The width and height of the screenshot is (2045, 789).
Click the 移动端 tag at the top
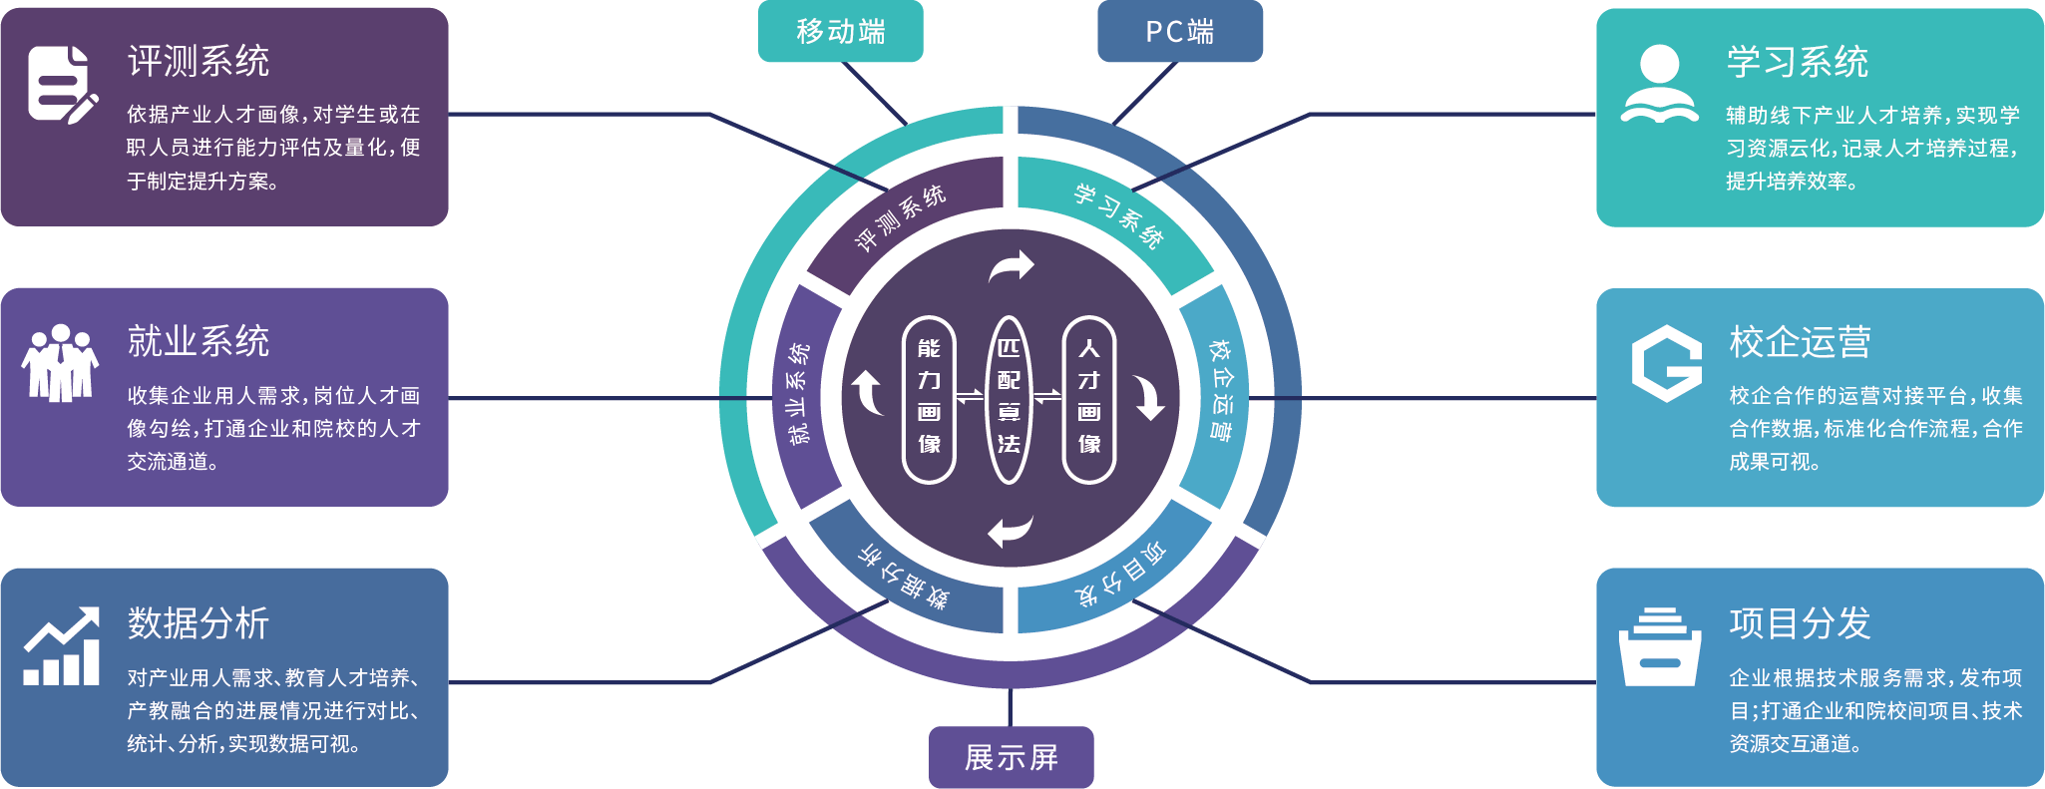(x=840, y=32)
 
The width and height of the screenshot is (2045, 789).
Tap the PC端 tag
(x=1179, y=32)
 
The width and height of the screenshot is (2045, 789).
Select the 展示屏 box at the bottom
(x=1011, y=758)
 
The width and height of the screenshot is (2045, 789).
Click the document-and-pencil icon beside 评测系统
(x=63, y=85)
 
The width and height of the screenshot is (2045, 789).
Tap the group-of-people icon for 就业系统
(x=60, y=364)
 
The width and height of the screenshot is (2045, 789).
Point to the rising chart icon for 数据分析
(x=62, y=646)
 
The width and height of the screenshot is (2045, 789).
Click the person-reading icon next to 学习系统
(x=1659, y=85)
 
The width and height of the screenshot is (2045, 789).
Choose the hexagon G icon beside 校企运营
(x=1665, y=364)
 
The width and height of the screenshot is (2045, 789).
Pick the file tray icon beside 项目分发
(x=1660, y=646)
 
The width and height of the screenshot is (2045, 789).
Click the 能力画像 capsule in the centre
(x=929, y=399)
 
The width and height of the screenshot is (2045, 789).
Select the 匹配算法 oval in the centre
(x=1009, y=399)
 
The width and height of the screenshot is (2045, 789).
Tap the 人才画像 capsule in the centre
(x=1089, y=399)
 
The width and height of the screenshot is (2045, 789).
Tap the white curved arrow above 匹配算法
(x=1013, y=267)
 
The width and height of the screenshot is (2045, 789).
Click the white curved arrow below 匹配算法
(x=1009, y=531)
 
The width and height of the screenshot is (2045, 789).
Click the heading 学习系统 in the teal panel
(x=1797, y=62)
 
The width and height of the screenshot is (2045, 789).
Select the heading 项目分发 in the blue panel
(x=1800, y=623)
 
